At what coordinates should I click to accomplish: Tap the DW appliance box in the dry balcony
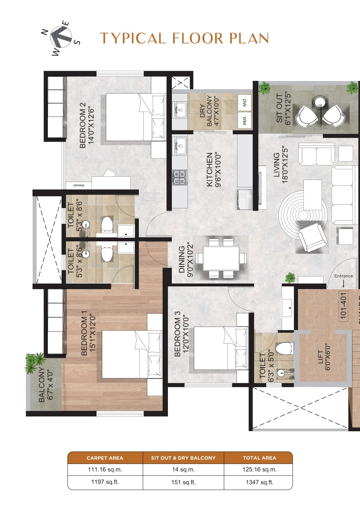tap(244, 103)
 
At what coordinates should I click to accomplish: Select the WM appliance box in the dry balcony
tap(244, 120)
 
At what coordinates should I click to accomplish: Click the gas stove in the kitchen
tap(180, 177)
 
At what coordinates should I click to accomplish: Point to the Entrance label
tap(343, 276)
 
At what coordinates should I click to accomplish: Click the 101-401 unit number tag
tap(343, 306)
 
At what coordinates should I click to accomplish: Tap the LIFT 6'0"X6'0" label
tap(324, 357)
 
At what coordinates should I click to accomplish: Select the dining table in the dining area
tap(221, 258)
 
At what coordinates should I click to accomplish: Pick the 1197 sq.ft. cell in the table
tap(105, 482)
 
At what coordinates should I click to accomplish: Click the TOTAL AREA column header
tap(259, 458)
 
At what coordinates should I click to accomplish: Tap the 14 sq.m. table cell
tap(183, 470)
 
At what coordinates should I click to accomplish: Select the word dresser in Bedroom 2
tap(78, 185)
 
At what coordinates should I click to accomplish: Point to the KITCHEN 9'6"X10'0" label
tap(214, 169)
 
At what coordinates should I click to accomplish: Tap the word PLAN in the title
tap(249, 38)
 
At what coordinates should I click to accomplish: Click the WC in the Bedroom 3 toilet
tap(284, 348)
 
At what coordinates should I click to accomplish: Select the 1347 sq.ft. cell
tap(259, 482)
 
